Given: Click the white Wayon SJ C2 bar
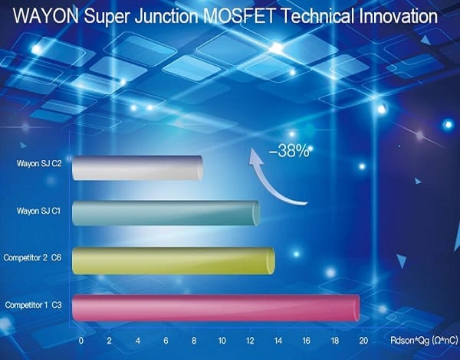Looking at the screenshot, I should [x=137, y=168].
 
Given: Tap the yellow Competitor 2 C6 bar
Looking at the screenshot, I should [x=173, y=260].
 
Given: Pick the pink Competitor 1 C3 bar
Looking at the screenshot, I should [x=215, y=308].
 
